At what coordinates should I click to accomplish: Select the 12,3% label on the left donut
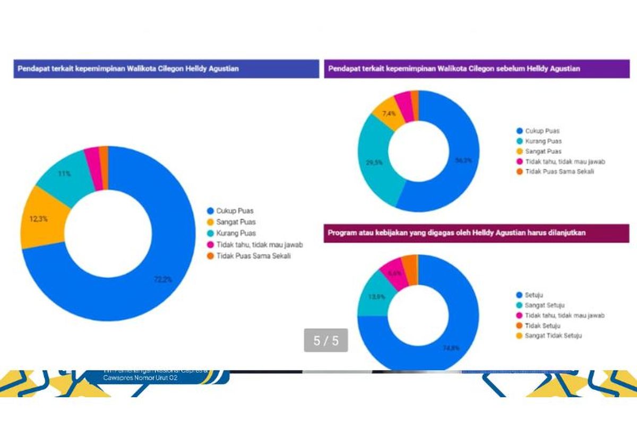coord(38,219)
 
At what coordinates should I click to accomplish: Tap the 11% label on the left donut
coord(64,174)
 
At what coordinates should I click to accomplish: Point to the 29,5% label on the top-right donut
coord(374,163)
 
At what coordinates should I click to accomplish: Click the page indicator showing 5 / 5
coord(325,341)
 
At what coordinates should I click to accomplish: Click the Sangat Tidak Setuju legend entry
coord(551,336)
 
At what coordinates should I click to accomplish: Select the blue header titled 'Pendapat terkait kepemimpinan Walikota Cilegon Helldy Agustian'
coord(166,69)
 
